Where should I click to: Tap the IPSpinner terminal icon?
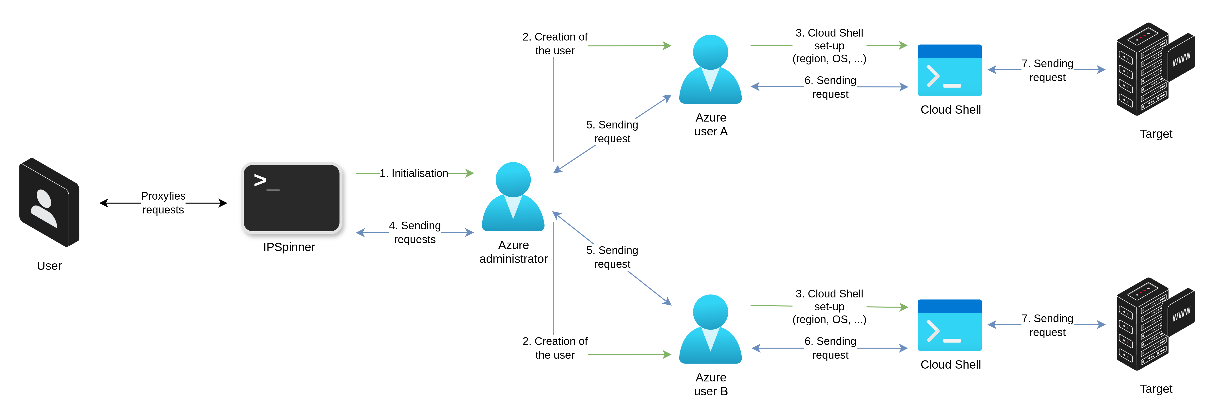291,198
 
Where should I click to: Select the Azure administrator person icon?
513,197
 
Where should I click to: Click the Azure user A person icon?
710,69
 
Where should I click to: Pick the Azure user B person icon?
710,329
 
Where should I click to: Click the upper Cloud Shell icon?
949,70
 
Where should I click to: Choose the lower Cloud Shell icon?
949,325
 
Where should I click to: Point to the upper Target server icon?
1143,69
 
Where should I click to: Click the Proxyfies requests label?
163,203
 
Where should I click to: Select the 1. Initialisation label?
414,173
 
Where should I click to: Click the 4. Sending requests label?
415,232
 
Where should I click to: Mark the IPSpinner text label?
289,247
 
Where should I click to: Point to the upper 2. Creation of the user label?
555,44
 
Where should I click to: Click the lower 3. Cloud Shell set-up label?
829,306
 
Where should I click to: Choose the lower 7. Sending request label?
1047,325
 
